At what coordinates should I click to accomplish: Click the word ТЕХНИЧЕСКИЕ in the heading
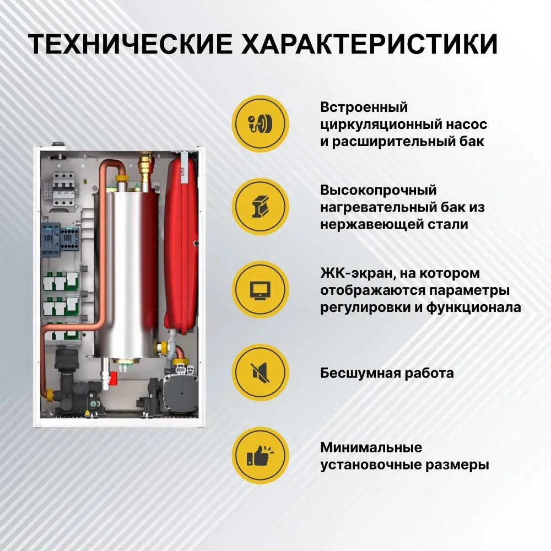pos(130,44)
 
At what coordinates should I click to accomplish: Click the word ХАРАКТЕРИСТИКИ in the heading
pos(369,44)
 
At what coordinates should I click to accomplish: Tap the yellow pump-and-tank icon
pos(261,123)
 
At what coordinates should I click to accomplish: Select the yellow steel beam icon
pos(261,207)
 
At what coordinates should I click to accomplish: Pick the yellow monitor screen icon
pos(261,290)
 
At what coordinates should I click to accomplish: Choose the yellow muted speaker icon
pos(261,372)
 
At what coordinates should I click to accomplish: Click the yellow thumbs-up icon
pos(261,456)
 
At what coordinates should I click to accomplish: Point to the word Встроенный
pos(364,107)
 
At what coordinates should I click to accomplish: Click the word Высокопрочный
pos(378,191)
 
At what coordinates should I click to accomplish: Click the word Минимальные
pos(371,447)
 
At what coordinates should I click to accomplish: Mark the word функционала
pos(474,307)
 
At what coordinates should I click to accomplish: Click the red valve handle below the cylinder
pos(113,379)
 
